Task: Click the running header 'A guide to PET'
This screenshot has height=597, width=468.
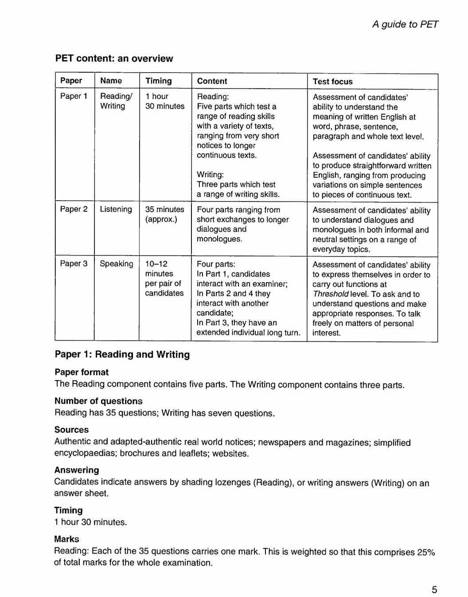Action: pyautogui.click(x=405, y=24)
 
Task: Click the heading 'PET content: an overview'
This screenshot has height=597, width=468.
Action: pyautogui.click(x=114, y=58)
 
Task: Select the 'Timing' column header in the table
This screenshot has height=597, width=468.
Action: pyautogui.click(x=158, y=81)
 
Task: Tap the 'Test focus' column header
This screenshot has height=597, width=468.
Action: pyautogui.click(x=332, y=81)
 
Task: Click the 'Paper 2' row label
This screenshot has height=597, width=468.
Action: pyautogui.click(x=74, y=209)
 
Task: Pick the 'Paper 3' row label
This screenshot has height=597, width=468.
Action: pyautogui.click(x=74, y=264)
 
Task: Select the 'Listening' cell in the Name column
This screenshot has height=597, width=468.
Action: pyautogui.click(x=116, y=209)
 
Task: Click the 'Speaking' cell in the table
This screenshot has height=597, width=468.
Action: pyautogui.click(x=116, y=264)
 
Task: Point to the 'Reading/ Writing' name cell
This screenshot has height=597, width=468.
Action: pyautogui.click(x=116, y=101)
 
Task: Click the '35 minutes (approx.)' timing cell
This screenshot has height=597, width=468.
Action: pyautogui.click(x=164, y=214)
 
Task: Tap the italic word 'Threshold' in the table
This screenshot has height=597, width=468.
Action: pyautogui.click(x=330, y=294)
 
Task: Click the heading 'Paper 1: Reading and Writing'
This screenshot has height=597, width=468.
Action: pyautogui.click(x=122, y=354)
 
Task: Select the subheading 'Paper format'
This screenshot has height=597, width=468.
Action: pyautogui.click(x=82, y=372)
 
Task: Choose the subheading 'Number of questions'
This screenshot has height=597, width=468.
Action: pyautogui.click(x=98, y=401)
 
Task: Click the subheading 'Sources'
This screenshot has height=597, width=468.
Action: pyautogui.click(x=71, y=430)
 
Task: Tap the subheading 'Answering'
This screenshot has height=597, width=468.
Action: pyautogui.click(x=76, y=470)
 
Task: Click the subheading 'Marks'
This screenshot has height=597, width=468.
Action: pyautogui.click(x=66, y=539)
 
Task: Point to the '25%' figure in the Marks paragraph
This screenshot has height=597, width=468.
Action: pyautogui.click(x=426, y=552)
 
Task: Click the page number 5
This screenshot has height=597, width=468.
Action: pyautogui.click(x=434, y=589)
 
